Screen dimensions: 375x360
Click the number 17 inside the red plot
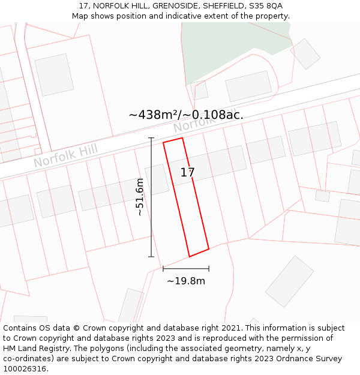[187, 173]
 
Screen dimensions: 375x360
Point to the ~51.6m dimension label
[140, 197]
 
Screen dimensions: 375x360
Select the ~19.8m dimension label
[186, 281]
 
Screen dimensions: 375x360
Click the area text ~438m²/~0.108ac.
[186, 115]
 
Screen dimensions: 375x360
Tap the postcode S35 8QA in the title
[266, 6]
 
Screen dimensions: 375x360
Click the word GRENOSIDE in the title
[178, 6]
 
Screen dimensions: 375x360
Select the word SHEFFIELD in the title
[225, 6]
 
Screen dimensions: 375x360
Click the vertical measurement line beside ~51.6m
[151, 198]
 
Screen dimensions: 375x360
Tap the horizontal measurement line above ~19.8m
[186, 268]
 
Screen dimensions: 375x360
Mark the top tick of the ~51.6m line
[151, 139]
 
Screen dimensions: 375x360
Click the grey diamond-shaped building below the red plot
[290, 281]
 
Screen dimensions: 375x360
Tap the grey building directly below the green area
[248, 86]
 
